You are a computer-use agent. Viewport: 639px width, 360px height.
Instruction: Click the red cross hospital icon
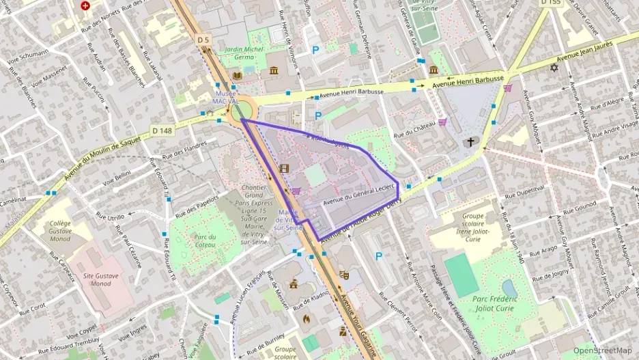85,5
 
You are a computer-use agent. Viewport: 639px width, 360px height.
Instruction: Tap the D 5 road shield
203,40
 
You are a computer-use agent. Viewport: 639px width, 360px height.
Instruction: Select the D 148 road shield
161,130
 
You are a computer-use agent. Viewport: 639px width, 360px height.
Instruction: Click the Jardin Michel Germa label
244,53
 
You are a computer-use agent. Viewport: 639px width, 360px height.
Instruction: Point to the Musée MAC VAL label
225,97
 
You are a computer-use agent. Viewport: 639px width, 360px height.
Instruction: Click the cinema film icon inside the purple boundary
284,169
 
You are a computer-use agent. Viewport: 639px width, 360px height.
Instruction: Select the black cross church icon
469,142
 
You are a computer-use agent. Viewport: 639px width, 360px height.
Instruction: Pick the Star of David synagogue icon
554,68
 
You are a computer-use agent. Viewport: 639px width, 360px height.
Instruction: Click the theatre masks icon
344,275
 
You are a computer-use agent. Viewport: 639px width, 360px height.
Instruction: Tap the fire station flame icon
307,318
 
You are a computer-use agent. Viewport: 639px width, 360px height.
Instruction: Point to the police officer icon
342,331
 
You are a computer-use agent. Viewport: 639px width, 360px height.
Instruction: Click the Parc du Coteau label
205,241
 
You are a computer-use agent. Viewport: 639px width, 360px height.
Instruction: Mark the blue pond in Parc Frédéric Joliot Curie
509,286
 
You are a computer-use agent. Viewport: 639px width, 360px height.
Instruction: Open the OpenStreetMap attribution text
601,350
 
